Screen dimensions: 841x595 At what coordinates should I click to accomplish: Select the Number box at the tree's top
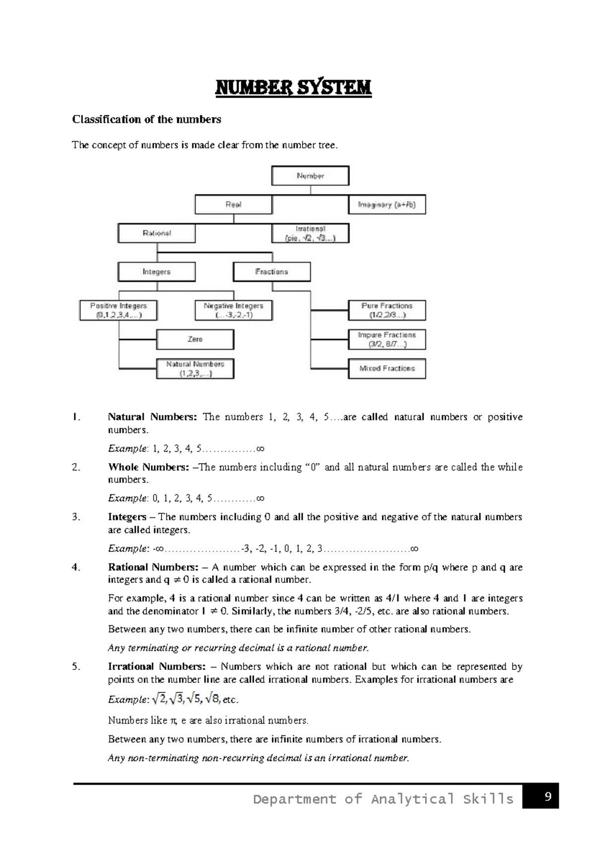pyautogui.click(x=310, y=176)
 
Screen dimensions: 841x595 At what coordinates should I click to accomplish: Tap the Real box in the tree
pyautogui.click(x=234, y=204)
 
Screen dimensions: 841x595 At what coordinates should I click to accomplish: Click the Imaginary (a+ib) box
pyautogui.click(x=387, y=204)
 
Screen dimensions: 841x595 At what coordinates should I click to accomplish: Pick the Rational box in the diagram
pyautogui.click(x=157, y=233)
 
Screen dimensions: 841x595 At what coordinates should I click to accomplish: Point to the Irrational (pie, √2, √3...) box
pyautogui.click(x=310, y=233)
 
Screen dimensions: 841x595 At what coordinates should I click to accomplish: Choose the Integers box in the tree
pyautogui.click(x=157, y=272)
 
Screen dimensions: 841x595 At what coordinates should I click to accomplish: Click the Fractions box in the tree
pyautogui.click(x=272, y=272)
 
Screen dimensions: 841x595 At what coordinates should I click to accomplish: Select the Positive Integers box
pyautogui.click(x=119, y=310)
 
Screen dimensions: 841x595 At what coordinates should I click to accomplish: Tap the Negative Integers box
pyautogui.click(x=234, y=310)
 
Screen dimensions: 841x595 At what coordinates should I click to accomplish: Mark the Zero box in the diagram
pyautogui.click(x=195, y=340)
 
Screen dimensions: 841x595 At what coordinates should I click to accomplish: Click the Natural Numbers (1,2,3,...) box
pyautogui.click(x=195, y=368)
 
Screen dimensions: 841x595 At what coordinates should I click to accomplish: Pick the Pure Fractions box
pyautogui.click(x=387, y=310)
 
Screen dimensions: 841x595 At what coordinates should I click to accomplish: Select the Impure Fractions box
pyautogui.click(x=387, y=340)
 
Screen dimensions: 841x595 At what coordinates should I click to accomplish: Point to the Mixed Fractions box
pyautogui.click(x=387, y=368)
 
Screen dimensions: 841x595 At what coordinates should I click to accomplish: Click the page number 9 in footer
pyautogui.click(x=548, y=797)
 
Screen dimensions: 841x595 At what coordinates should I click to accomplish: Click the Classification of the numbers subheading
pyautogui.click(x=147, y=120)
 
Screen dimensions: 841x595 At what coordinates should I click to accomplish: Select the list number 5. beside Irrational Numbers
pyautogui.click(x=76, y=666)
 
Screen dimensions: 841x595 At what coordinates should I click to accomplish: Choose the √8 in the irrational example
pyautogui.click(x=213, y=699)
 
